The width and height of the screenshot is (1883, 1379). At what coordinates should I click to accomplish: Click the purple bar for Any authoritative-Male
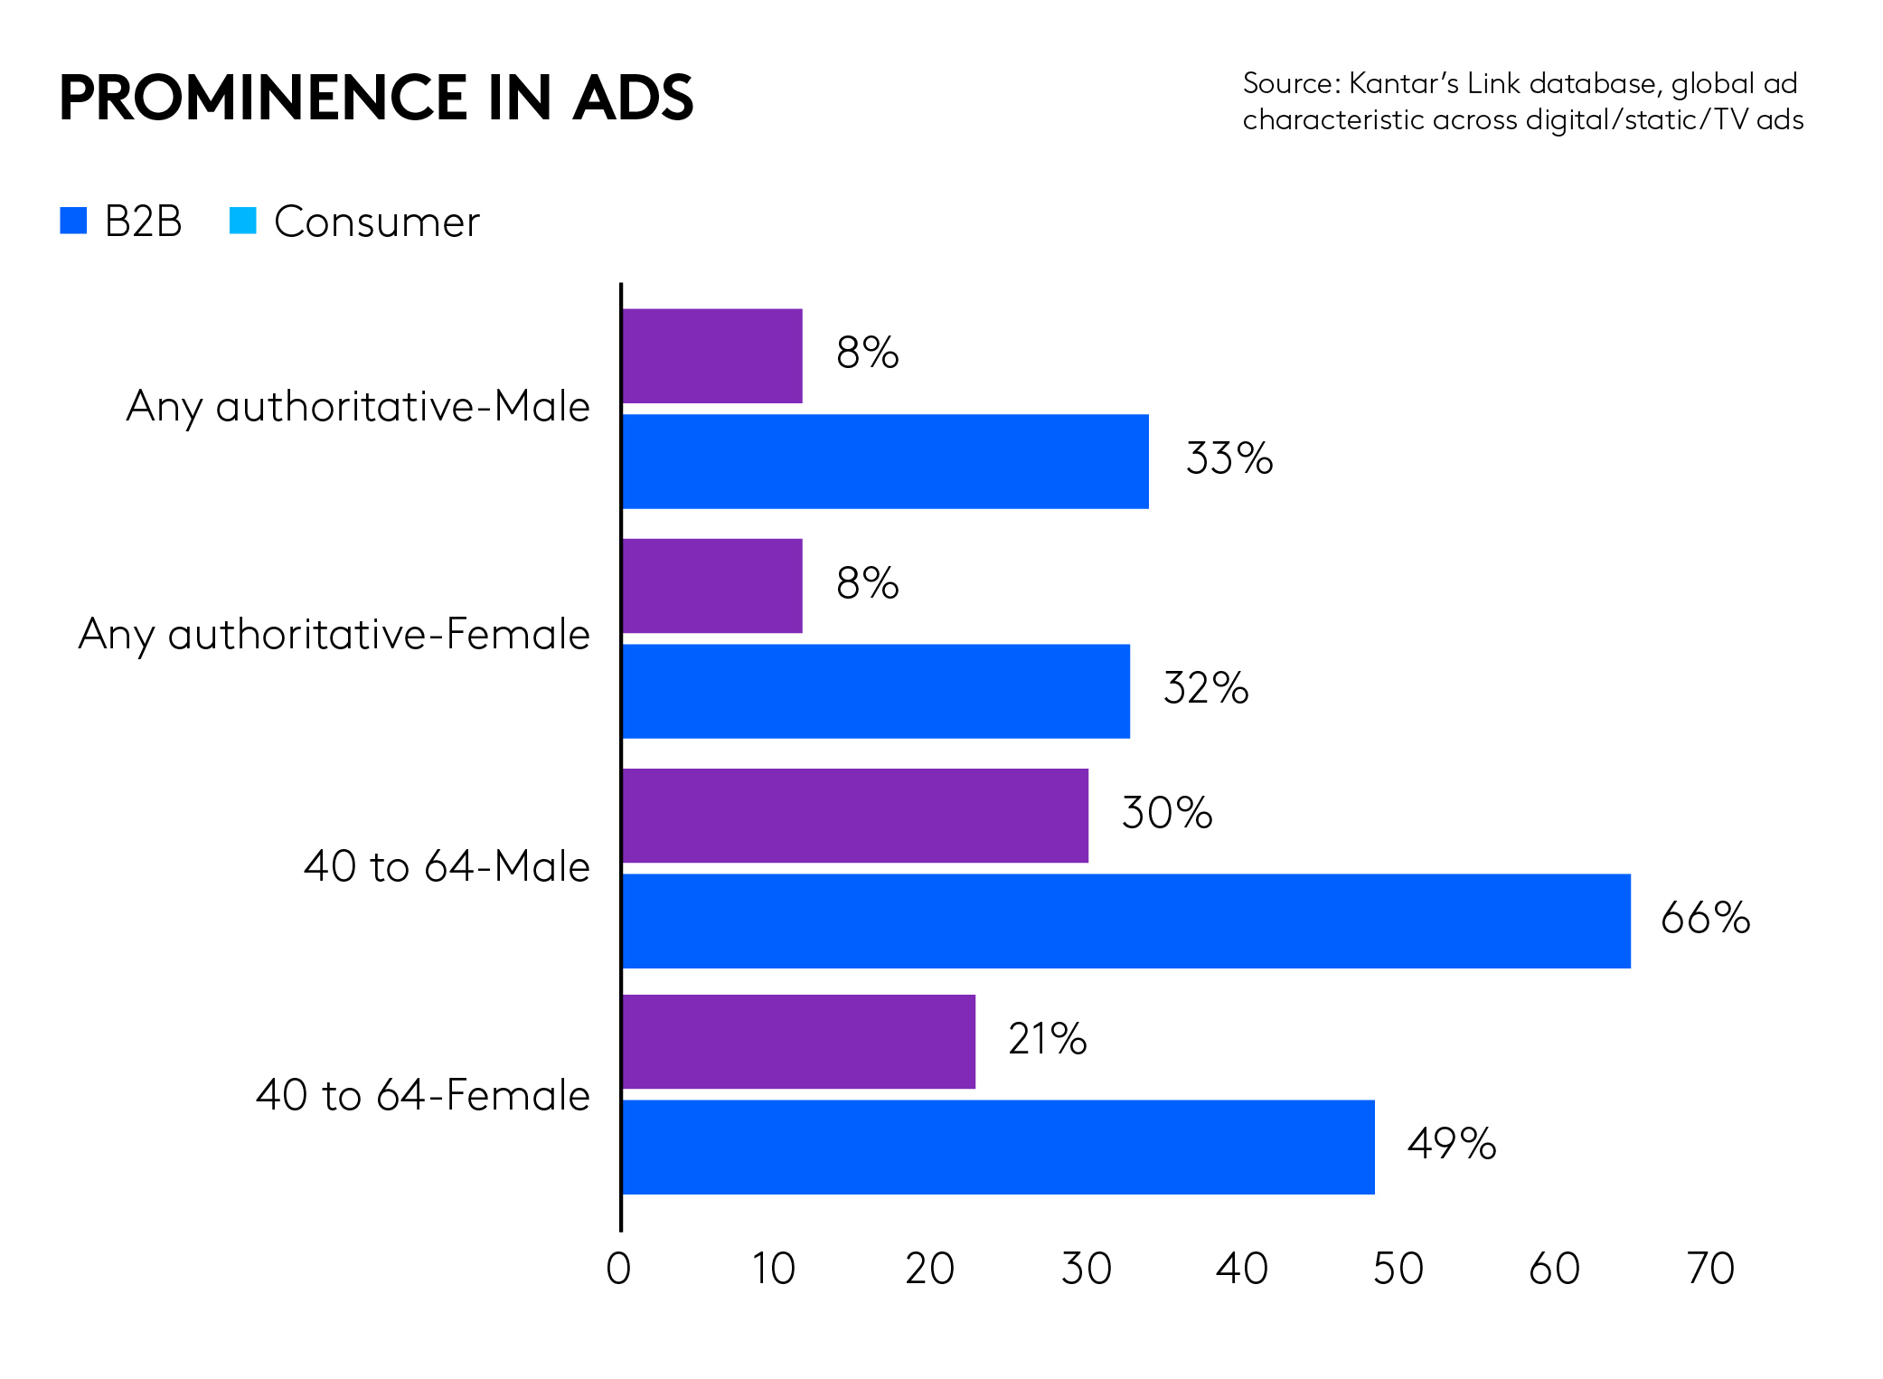tap(712, 356)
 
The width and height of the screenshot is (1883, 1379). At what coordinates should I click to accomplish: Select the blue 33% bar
tap(885, 461)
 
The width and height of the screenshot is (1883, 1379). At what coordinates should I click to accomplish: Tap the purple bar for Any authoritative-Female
tap(712, 586)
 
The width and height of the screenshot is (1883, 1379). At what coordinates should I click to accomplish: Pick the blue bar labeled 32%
tap(876, 691)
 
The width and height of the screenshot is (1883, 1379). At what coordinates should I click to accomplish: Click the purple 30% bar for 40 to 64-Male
tap(855, 816)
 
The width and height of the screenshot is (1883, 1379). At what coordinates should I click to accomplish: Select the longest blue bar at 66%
tap(1126, 921)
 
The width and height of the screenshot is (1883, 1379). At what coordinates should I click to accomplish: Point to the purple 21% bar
tap(799, 1042)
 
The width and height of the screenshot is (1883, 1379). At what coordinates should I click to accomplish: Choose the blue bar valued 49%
tap(998, 1147)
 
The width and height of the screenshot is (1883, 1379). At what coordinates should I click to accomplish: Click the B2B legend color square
tap(73, 221)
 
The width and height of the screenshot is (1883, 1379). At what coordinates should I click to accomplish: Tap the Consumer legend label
tap(376, 222)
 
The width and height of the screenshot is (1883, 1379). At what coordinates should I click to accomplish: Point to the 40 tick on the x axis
tap(1242, 1269)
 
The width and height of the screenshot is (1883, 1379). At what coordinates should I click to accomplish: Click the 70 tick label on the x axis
tap(1710, 1269)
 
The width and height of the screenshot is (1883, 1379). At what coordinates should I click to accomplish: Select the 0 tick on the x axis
tap(618, 1269)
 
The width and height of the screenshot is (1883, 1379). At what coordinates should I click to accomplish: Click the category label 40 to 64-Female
tap(423, 1095)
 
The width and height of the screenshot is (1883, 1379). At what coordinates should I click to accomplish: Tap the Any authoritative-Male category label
tap(358, 406)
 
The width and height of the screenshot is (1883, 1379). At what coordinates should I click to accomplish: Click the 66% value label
tap(1705, 918)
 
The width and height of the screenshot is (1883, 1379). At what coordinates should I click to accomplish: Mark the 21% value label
tap(1047, 1039)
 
